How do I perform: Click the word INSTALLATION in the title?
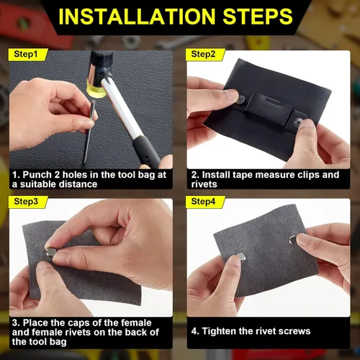pos(137,17)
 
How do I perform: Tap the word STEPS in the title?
pos(258,17)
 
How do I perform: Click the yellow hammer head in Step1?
pos(96,88)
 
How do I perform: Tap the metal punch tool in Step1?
pos(89,131)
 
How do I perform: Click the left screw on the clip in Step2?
pos(241,99)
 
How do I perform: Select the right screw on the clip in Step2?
pos(297,123)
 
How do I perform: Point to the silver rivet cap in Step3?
pos(51,252)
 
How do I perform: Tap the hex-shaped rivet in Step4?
pos(241,257)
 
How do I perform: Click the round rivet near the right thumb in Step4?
pos(293,240)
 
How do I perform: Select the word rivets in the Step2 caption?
pos(204,184)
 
